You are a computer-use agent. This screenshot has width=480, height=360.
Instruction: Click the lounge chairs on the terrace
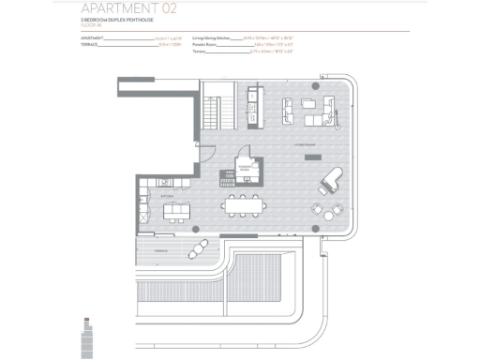tap(199, 249)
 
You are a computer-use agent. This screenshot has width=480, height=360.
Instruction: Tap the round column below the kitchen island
tap(195, 229)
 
